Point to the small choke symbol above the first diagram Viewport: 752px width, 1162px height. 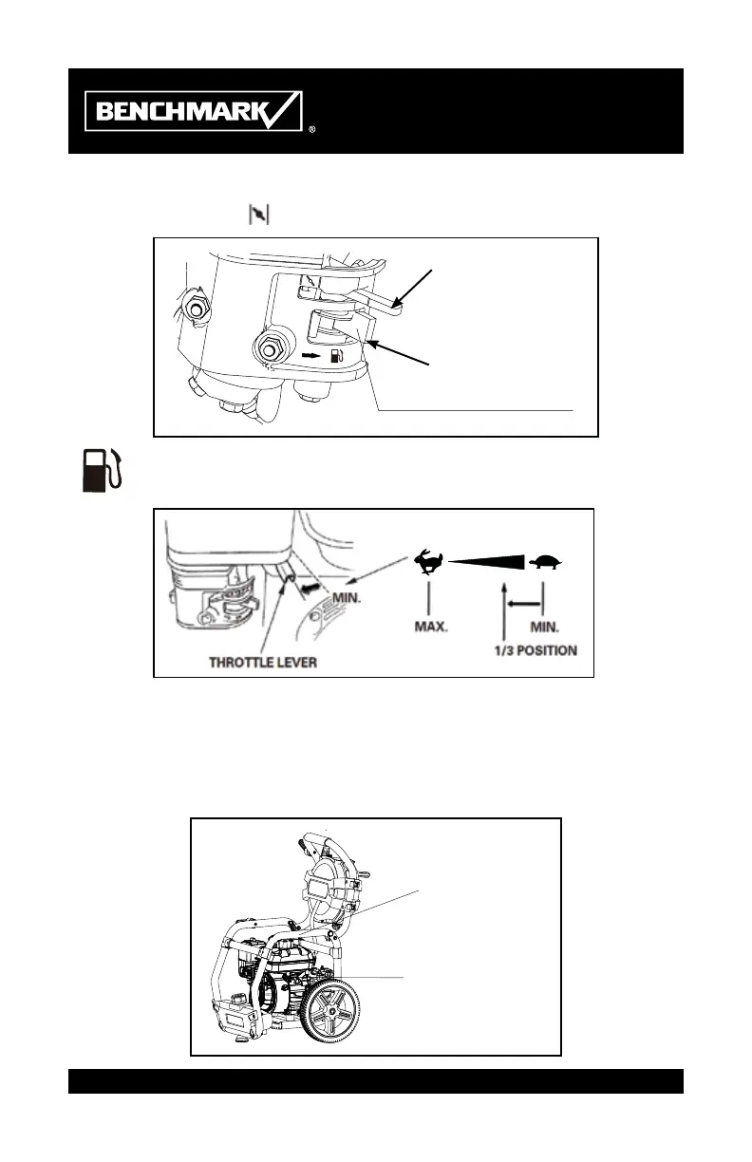pyautogui.click(x=258, y=215)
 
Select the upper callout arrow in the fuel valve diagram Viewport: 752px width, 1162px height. pyautogui.click(x=413, y=289)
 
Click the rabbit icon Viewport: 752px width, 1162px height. pyautogui.click(x=428, y=562)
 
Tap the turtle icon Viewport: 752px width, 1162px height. pyautogui.click(x=546, y=562)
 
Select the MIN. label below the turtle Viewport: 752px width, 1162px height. pyautogui.click(x=542, y=628)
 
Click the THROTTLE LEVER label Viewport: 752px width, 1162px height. pyautogui.click(x=263, y=662)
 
